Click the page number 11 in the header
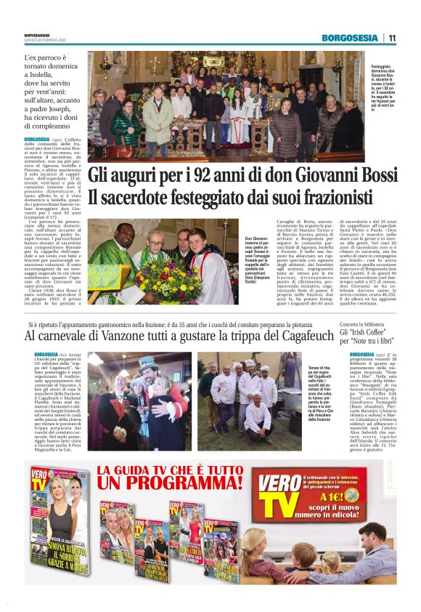pos(391,38)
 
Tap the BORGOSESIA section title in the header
pos(350,38)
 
